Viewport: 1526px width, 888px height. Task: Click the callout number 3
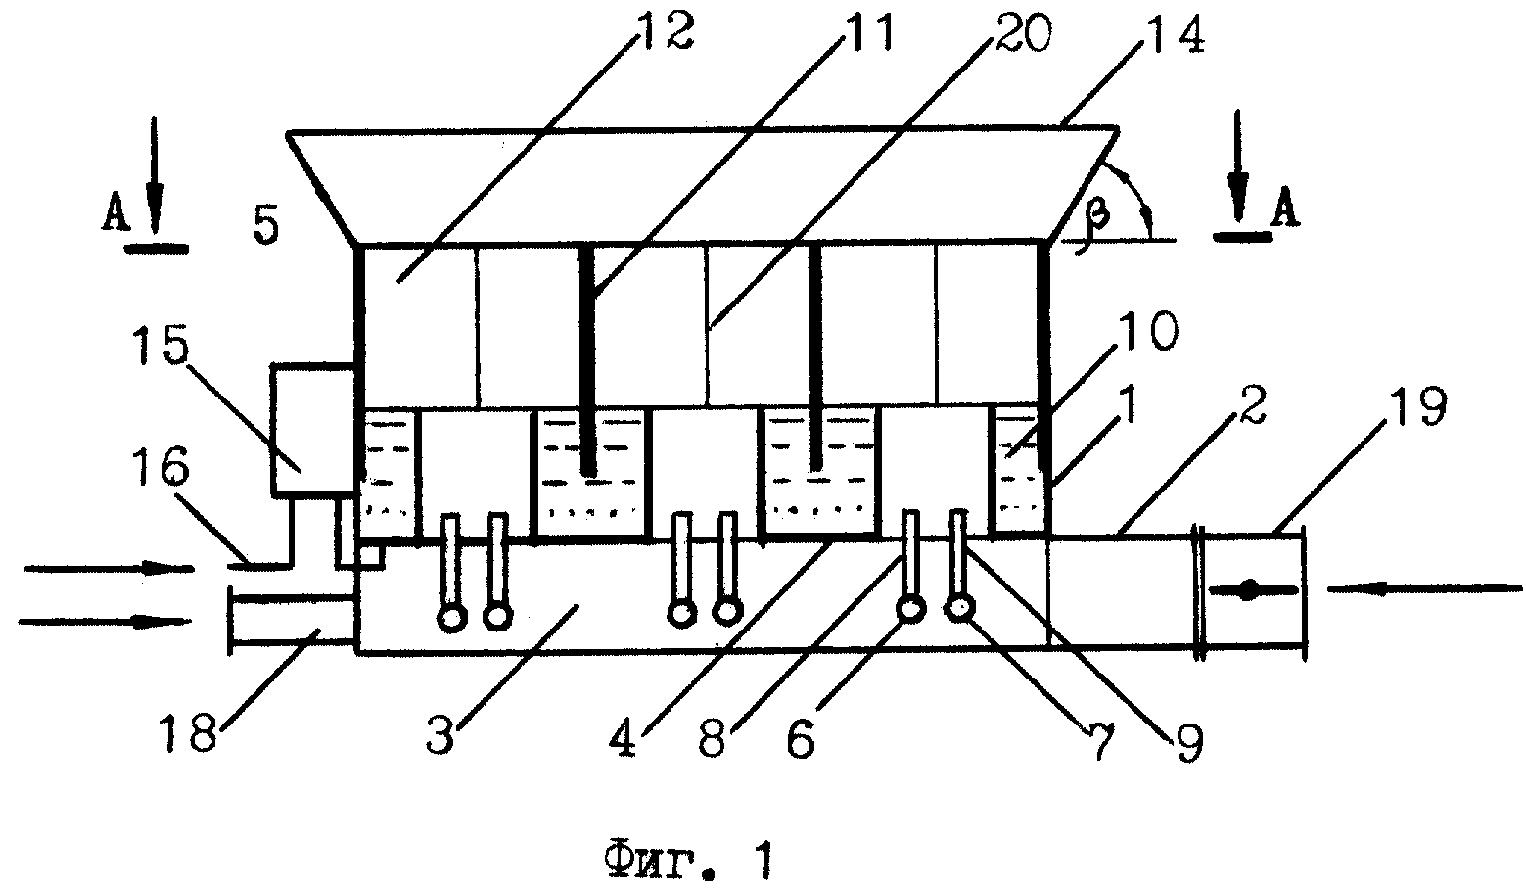(440, 734)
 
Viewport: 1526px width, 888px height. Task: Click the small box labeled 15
(313, 428)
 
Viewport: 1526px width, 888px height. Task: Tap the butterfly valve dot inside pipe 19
(1247, 590)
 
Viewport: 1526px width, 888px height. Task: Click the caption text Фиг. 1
(688, 860)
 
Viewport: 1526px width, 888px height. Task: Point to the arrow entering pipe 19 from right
(1425, 588)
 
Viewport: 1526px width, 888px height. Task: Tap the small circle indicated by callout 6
(910, 608)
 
